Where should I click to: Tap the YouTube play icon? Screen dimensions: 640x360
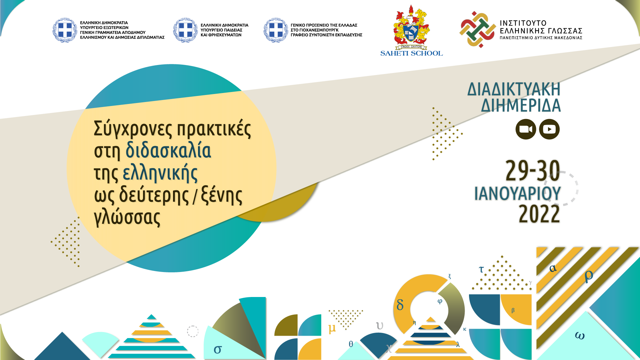(x=549, y=129)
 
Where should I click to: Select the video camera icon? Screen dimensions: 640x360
(x=526, y=129)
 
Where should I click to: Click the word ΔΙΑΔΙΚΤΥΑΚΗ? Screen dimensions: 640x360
(x=514, y=89)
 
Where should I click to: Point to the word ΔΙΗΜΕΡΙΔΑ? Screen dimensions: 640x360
(x=521, y=105)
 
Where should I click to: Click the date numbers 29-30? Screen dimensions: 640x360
(x=533, y=171)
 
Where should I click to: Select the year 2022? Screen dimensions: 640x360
(x=539, y=214)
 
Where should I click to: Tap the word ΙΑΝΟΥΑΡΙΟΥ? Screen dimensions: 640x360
(x=518, y=194)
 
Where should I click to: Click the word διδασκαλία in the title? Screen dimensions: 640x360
(x=168, y=151)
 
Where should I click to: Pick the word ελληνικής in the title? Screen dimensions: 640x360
(x=160, y=173)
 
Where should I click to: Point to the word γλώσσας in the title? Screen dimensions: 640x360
(x=127, y=217)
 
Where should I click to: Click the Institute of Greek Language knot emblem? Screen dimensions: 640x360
(x=477, y=29)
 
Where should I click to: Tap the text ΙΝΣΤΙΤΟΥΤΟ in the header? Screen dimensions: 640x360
(x=523, y=23)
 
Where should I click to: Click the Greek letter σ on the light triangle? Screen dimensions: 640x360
(x=218, y=349)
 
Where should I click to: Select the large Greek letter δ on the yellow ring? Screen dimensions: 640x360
(x=400, y=304)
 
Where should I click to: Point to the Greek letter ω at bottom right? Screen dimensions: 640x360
(x=580, y=336)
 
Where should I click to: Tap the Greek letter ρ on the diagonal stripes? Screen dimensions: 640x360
(x=589, y=275)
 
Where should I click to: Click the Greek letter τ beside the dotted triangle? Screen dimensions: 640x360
(x=481, y=269)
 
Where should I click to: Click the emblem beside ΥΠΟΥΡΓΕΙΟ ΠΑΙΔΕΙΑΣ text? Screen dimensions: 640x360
(x=185, y=30)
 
